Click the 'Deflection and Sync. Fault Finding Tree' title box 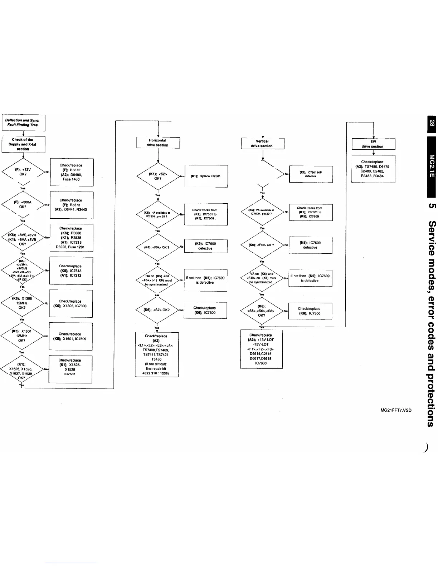(x=24, y=123)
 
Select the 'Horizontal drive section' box (x=158, y=143)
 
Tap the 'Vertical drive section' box (x=262, y=143)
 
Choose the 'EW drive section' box (x=373, y=144)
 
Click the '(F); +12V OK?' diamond (x=23, y=172)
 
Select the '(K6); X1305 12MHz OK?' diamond (x=22, y=303)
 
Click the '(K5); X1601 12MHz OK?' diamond (x=22, y=336)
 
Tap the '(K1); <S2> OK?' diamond (x=158, y=176)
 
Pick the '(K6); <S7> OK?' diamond (x=157, y=310)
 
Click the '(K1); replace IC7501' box (x=206, y=176)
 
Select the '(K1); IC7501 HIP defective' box (x=311, y=174)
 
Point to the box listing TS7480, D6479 (x=373, y=169)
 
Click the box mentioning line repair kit (x=157, y=354)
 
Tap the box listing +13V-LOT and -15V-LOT (x=262, y=349)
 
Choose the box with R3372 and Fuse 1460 (x=72, y=172)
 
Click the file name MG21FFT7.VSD (x=396, y=410)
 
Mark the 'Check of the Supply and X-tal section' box (x=24, y=144)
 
